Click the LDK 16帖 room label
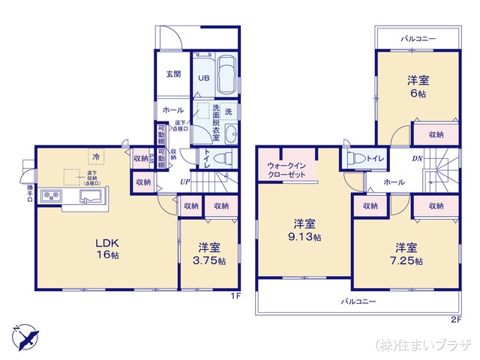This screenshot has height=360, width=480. tap(106, 247)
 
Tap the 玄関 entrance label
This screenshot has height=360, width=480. tap(173, 73)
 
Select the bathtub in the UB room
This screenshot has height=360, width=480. tap(226, 75)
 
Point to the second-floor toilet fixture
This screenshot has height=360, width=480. tap(355, 158)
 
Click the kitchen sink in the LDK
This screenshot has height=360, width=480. tap(90, 197)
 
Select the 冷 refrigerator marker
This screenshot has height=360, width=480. tap(96, 157)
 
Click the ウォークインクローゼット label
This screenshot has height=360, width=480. tap(286, 169)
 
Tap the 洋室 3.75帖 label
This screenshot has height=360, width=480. tap(209, 253)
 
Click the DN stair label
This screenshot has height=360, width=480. tap(418, 160)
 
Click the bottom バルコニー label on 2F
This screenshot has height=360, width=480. tap(358, 301)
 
